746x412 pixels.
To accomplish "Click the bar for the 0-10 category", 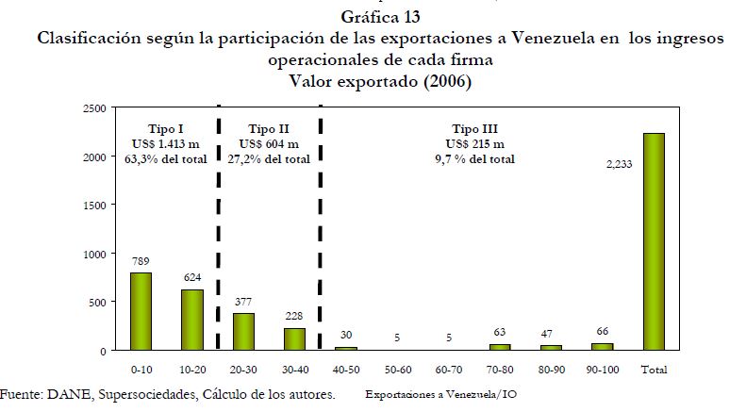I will tap(140, 311).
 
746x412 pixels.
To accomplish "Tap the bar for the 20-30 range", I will tap(242, 331).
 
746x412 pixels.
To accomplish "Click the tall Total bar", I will tap(655, 241).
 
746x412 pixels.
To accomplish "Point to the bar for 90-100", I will tap(603, 346).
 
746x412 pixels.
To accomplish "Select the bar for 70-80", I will tap(500, 346).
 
